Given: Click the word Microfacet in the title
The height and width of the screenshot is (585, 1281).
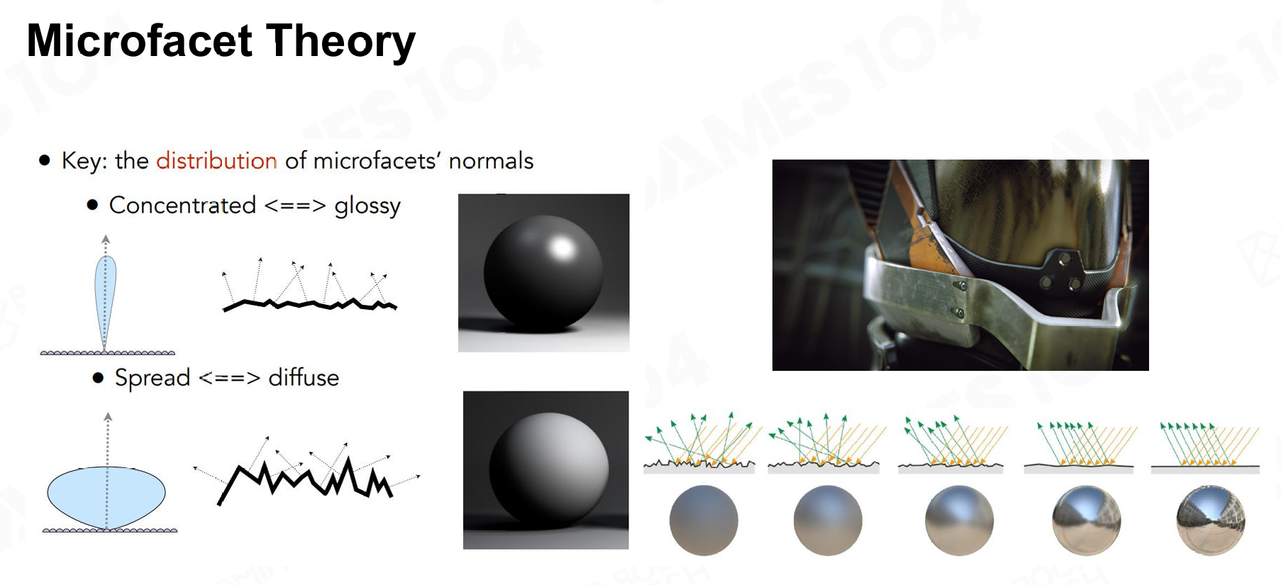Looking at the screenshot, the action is coord(140,40).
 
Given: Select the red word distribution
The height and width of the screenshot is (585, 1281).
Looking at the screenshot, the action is coord(216,160).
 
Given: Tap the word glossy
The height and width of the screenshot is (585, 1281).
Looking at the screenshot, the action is coord(367,206).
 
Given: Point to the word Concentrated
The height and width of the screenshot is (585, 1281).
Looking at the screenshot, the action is coord(182,205).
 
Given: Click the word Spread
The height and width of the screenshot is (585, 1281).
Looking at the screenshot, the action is coord(152,378).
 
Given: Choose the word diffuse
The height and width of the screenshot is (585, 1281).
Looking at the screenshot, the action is coord(304,377).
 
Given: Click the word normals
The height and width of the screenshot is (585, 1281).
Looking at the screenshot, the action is coord(491,160).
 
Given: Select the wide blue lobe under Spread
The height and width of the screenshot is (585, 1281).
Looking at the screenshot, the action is coord(106,496).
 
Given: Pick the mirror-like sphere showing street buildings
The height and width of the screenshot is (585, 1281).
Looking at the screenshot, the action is coord(1210,520).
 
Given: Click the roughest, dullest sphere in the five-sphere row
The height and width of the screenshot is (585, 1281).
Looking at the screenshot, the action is coord(704,520).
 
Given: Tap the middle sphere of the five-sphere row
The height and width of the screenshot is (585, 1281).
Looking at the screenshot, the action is coord(959,520).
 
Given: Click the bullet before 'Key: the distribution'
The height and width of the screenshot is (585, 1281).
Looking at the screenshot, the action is coord(45,161).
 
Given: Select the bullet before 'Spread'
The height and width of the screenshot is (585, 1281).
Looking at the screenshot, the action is coord(98,377).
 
